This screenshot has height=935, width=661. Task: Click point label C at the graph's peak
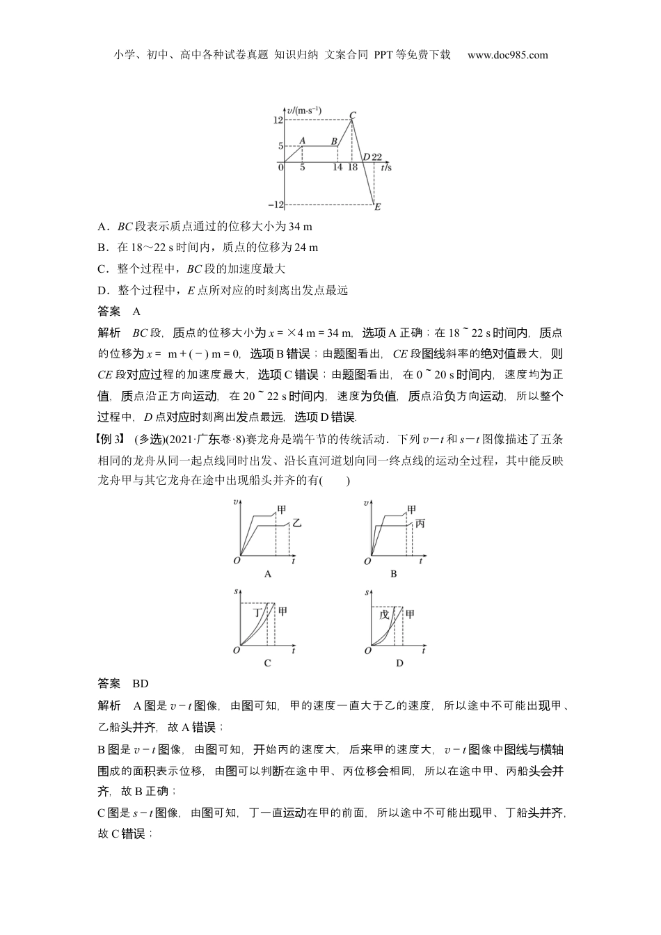353,115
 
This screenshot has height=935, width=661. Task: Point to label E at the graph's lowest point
377,207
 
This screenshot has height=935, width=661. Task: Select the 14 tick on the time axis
337,168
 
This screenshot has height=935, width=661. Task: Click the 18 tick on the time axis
353,168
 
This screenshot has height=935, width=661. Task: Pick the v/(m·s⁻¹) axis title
304,110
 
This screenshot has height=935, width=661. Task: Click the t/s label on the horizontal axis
386,168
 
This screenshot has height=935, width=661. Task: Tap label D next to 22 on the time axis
366,157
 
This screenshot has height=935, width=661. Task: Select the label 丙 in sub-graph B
420,523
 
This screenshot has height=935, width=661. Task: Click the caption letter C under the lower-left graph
267,663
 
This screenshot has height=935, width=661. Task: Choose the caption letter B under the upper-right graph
394,574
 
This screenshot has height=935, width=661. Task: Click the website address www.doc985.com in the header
507,55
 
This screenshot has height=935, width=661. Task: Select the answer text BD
140,683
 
